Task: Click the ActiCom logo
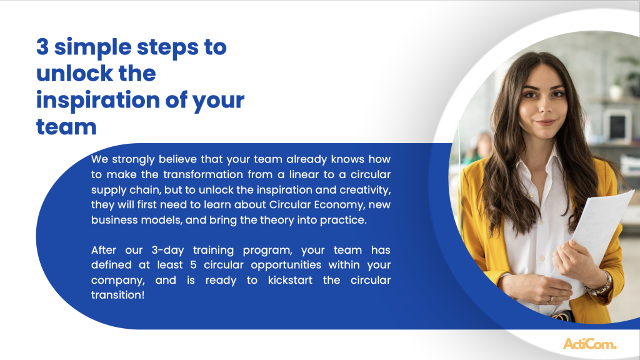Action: pos(590,344)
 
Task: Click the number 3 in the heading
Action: pos(42,46)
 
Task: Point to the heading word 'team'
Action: pos(66,126)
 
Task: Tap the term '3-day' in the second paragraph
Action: pos(167,250)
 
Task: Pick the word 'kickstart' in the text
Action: pos(290,281)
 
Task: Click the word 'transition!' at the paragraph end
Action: pos(118,295)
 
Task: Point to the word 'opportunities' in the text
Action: pos(286,265)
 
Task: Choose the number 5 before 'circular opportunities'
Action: pos(193,265)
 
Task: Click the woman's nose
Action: pos(544,107)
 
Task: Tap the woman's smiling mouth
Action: pos(545,122)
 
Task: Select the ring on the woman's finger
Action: pos(551,299)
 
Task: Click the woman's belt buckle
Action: pos(562,316)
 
